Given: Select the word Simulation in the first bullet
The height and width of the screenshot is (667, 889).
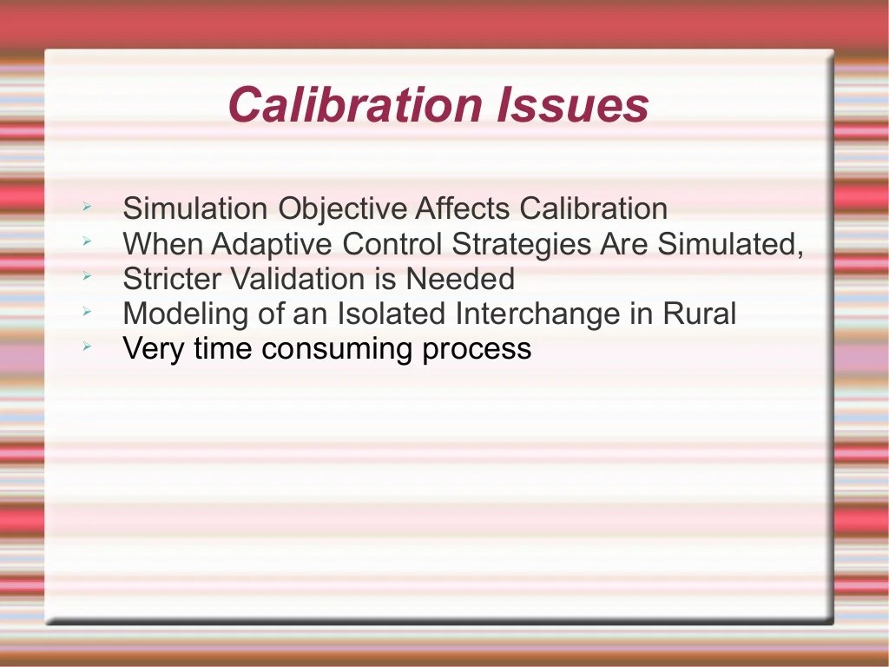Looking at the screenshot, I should click(195, 209).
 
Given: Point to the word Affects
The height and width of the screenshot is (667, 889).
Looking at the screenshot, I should click(463, 209).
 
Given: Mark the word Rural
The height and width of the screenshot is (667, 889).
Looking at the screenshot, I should click(700, 314).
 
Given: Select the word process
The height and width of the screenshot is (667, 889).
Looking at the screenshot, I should click(477, 350).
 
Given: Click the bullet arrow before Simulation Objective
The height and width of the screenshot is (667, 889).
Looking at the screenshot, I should click(87, 208).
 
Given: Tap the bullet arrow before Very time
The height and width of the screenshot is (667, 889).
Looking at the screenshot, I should click(87, 347).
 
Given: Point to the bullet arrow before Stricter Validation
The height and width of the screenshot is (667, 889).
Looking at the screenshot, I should click(87, 277).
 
